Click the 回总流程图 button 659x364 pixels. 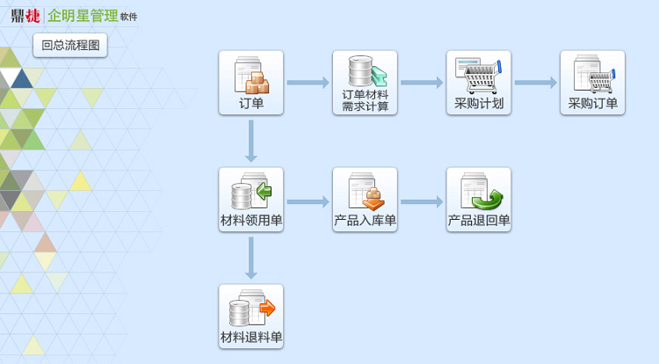pos(70,45)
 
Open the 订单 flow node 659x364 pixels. pos(251,83)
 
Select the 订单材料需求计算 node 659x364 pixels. pos(365,83)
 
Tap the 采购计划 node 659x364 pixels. pos(479,83)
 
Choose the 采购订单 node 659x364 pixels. pos(592,83)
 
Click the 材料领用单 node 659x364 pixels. pos(251,200)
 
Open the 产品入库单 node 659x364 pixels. pos(365,200)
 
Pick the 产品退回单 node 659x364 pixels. pos(479,200)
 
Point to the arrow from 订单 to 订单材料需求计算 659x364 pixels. pos(308,83)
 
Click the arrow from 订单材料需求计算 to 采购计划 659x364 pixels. pos(422,83)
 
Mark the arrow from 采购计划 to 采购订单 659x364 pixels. pos(535,83)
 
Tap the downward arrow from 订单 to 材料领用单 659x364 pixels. pos(251,141)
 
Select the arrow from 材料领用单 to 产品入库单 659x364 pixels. pos(308,201)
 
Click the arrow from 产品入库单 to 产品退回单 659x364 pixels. pos(422,201)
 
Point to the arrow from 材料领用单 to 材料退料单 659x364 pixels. pos(251,258)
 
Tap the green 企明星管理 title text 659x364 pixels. pos(83,15)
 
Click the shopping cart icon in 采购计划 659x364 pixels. pos(481,77)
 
